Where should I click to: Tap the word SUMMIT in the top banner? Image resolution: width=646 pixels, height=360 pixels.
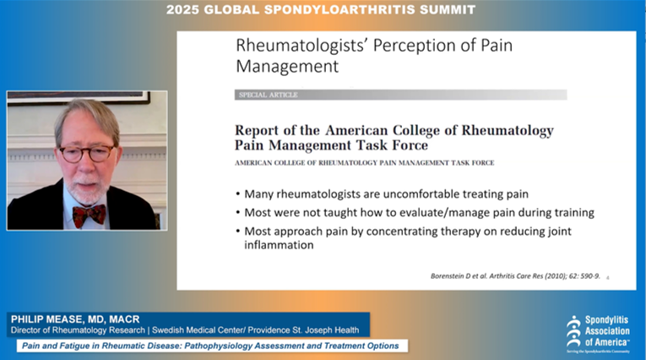[x=445, y=10]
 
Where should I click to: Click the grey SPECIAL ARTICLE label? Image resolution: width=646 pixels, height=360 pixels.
[x=268, y=95]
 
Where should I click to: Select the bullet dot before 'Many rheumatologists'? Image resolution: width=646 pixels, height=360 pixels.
[x=239, y=194]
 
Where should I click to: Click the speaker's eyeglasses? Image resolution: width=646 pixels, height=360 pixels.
[x=86, y=153]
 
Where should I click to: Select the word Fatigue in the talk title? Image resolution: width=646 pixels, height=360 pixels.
[x=87, y=346]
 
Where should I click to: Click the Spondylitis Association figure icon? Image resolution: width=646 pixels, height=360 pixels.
[x=574, y=326]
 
